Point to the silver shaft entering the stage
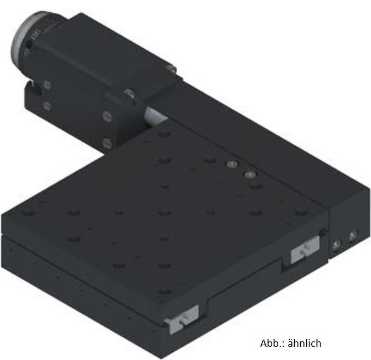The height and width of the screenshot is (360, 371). (155, 117)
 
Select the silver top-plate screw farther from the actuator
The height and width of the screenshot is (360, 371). (250, 175)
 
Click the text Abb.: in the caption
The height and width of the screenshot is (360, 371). (273, 344)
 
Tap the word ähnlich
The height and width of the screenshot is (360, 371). (304, 344)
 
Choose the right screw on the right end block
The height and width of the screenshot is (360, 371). (351, 236)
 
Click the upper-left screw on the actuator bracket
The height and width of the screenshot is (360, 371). (47, 85)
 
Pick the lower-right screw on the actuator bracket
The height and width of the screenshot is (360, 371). (105, 144)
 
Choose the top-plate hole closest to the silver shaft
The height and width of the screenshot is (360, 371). (163, 134)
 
